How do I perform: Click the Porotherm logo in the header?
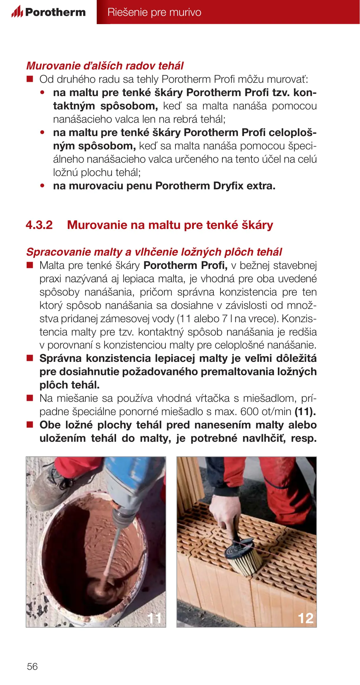point(49,12)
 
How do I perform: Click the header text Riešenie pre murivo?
point(154,12)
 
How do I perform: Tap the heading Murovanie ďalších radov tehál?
point(105,66)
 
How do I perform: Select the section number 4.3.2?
point(39,225)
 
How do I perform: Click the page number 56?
point(32,666)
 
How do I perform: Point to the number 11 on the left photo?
point(155,618)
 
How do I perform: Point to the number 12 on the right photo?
point(305,618)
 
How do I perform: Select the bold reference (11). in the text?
point(305,412)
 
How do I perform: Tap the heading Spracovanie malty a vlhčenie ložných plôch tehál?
point(154,252)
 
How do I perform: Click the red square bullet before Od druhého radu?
point(30,79)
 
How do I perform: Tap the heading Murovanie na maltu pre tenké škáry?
point(170,225)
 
